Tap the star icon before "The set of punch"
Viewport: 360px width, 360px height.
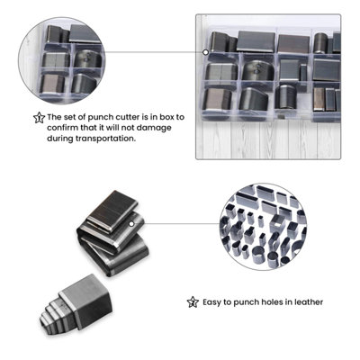coord(38,117)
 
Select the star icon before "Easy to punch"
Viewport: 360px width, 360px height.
coord(192,302)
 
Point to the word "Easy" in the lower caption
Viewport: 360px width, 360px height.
coord(215,302)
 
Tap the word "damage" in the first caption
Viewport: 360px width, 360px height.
coord(148,128)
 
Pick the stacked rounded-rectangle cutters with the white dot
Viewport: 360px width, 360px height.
coord(110,232)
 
